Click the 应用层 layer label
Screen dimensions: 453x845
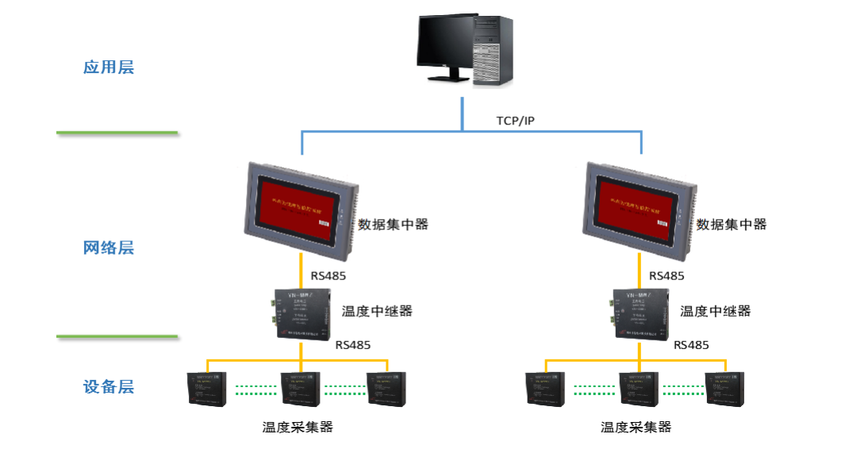coord(109,67)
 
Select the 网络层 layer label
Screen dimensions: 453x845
coord(109,248)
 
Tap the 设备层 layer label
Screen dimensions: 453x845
coord(109,387)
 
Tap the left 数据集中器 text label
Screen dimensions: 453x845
coord(393,225)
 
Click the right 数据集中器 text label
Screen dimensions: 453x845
coord(732,225)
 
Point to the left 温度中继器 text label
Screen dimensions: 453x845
coord(377,311)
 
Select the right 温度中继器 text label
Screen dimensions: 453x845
coord(716,311)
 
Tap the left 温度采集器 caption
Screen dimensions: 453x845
coord(298,427)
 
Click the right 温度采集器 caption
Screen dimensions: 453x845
coord(636,427)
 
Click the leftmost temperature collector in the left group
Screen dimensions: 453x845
coord(207,389)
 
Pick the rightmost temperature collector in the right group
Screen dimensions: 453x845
coord(726,389)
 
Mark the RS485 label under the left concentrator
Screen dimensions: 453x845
coord(329,276)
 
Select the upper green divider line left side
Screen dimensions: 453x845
coord(117,133)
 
